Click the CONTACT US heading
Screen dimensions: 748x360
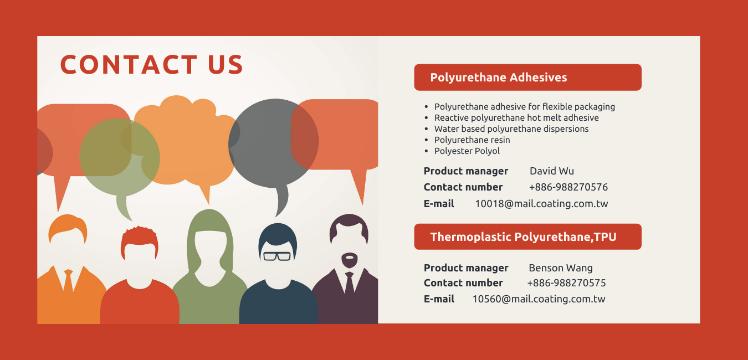pos(152,64)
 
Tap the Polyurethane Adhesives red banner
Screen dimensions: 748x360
pos(527,78)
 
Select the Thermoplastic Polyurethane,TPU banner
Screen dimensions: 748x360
pos(527,236)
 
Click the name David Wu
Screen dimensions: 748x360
pos(552,171)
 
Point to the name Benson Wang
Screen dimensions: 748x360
pos(561,268)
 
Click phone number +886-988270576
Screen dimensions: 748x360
pos(568,187)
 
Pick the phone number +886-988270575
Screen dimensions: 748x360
pos(566,283)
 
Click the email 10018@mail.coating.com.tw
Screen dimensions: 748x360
pos(541,203)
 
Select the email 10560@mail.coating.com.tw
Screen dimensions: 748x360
pos(539,299)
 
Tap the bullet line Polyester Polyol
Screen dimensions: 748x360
pos(467,151)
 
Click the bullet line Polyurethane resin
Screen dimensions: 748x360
pos(472,140)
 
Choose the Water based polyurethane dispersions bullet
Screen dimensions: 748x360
pos(511,129)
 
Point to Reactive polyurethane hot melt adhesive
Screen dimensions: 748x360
pos(516,118)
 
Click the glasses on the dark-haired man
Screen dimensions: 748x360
pos(277,256)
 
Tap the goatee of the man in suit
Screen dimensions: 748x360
pos(349,260)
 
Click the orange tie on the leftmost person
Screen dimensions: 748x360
pos(69,281)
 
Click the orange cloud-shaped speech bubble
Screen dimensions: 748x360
pos(187,143)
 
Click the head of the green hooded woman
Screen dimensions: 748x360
pos(209,247)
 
